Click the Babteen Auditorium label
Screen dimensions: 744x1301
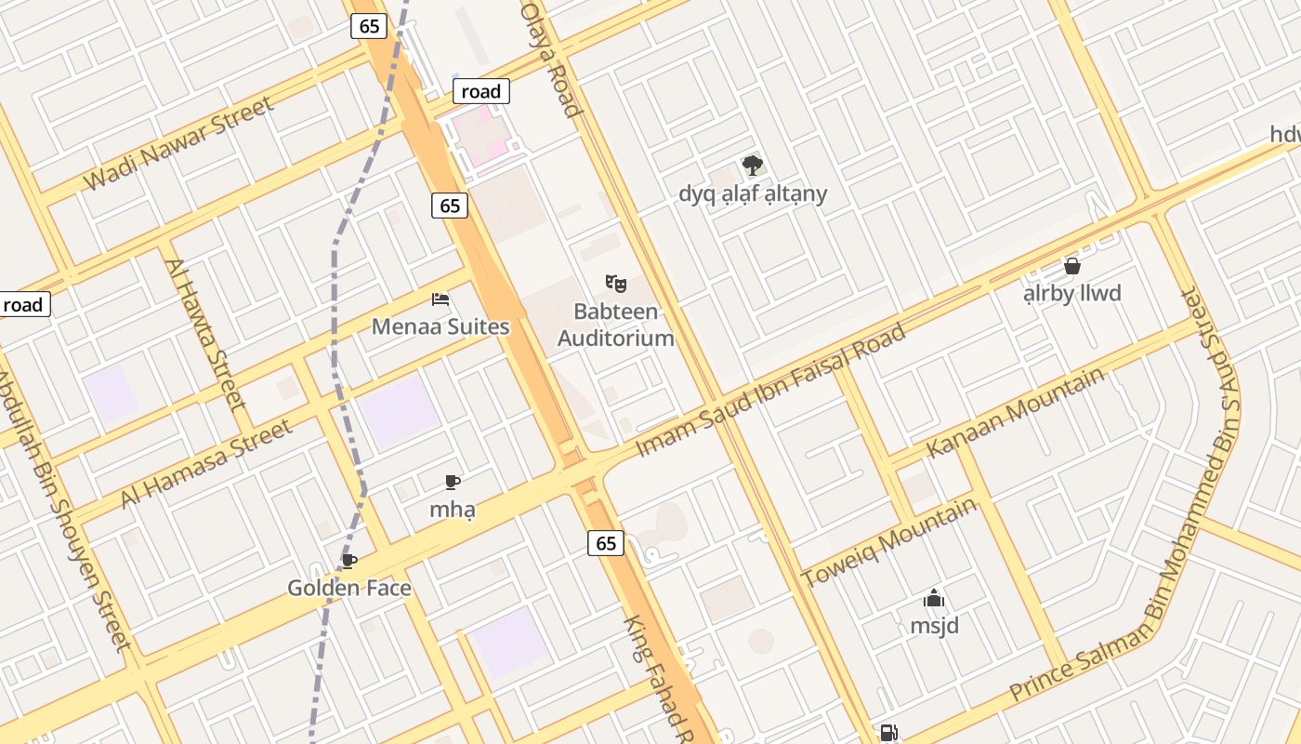[x=615, y=325]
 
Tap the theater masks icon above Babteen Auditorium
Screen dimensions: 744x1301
[x=615, y=283]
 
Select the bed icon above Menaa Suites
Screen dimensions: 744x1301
[x=440, y=299]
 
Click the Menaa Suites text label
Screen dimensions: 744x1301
[x=440, y=326]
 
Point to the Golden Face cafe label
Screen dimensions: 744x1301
[x=348, y=588]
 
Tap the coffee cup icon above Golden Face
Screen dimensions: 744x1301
[x=348, y=561]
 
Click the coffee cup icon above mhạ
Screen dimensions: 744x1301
[x=452, y=482]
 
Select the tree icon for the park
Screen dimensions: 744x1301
[x=753, y=166]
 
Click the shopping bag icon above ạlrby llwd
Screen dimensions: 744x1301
[x=1071, y=266]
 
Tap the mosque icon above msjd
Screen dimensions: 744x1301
[x=934, y=598]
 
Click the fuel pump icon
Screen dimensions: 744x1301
[x=888, y=733]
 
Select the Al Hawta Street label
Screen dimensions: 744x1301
[x=205, y=334]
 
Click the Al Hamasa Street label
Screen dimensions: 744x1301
[x=206, y=464]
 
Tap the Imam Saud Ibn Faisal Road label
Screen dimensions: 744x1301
[x=770, y=391]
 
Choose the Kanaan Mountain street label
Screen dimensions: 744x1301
[x=1015, y=412]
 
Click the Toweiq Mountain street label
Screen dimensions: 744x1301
[x=889, y=542]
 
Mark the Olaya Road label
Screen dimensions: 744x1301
[x=550, y=58]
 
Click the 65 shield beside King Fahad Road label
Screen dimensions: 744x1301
[x=606, y=543]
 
